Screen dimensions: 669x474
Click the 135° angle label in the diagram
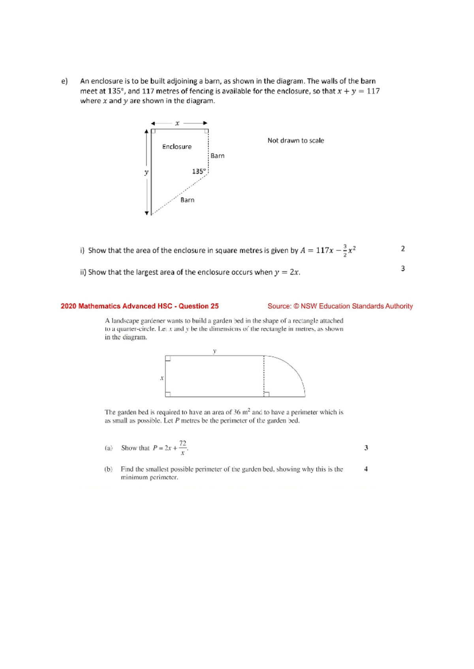(x=199, y=171)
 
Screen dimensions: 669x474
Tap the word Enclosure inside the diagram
(x=177, y=147)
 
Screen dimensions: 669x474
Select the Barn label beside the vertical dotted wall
(x=217, y=156)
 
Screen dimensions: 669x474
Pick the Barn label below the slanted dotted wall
(x=187, y=200)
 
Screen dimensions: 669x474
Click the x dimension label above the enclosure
(x=177, y=123)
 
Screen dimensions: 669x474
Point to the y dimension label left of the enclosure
(x=146, y=172)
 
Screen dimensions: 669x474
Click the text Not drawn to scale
(x=295, y=140)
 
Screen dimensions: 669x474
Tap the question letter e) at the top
(x=64, y=81)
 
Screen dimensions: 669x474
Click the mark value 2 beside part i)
(x=403, y=249)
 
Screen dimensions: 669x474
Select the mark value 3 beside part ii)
(x=403, y=269)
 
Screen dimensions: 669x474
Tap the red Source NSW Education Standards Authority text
(x=340, y=306)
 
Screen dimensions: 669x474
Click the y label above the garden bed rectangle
(x=214, y=351)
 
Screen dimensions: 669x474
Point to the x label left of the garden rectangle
(x=162, y=378)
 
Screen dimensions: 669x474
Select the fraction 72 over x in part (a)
(x=182, y=448)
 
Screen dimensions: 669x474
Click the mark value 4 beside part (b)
(x=366, y=469)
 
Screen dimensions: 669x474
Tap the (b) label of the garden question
(x=108, y=469)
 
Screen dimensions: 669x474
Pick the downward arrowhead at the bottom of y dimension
(x=147, y=213)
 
